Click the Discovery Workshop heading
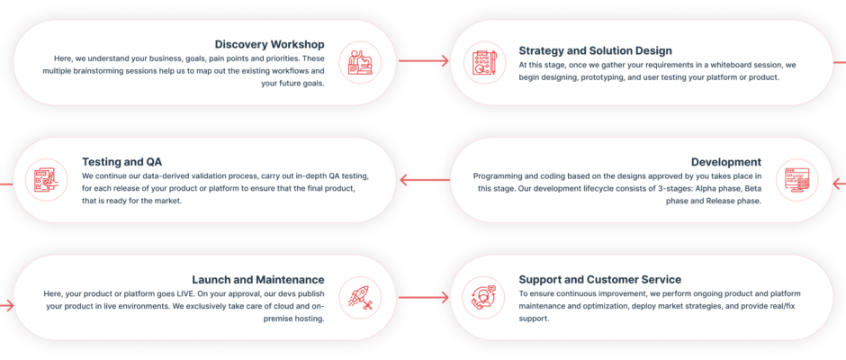click(269, 44)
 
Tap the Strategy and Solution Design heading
click(595, 50)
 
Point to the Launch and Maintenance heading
click(257, 279)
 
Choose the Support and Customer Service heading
click(599, 279)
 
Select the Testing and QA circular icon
click(44, 180)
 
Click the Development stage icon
click(796, 180)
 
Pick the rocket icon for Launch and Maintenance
click(360, 297)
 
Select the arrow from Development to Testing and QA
click(424, 180)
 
